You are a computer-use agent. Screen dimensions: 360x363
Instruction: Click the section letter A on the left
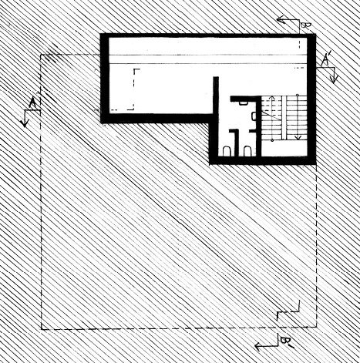click(x=32, y=103)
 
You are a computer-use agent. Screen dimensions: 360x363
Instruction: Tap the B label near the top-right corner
click(x=306, y=25)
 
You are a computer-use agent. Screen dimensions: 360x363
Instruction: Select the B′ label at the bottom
click(x=286, y=342)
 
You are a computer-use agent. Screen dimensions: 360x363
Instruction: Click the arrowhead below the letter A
click(x=25, y=124)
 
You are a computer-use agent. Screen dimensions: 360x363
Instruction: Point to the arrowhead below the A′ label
click(x=334, y=79)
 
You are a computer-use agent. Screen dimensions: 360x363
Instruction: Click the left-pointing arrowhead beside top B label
click(x=281, y=19)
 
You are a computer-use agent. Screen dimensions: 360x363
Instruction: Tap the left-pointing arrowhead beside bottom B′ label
click(x=259, y=347)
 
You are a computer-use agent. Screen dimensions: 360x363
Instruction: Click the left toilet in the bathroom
click(x=227, y=151)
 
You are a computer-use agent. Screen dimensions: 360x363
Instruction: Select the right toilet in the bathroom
click(x=247, y=151)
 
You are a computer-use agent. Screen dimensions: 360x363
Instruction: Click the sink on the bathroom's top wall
click(x=243, y=103)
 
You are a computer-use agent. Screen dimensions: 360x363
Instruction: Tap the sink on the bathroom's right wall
click(x=254, y=116)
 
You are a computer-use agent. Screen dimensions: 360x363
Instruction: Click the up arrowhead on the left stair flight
click(x=272, y=98)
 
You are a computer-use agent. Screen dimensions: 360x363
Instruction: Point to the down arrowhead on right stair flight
click(x=298, y=138)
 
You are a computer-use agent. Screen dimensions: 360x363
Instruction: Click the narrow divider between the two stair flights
click(x=284, y=118)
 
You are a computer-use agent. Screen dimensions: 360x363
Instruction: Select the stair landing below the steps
click(x=284, y=148)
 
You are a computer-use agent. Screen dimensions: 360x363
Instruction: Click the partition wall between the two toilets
click(x=237, y=143)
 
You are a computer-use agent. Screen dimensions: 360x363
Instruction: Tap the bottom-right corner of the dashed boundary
click(x=316, y=327)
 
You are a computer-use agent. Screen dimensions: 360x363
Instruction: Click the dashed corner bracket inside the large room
click(x=133, y=89)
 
